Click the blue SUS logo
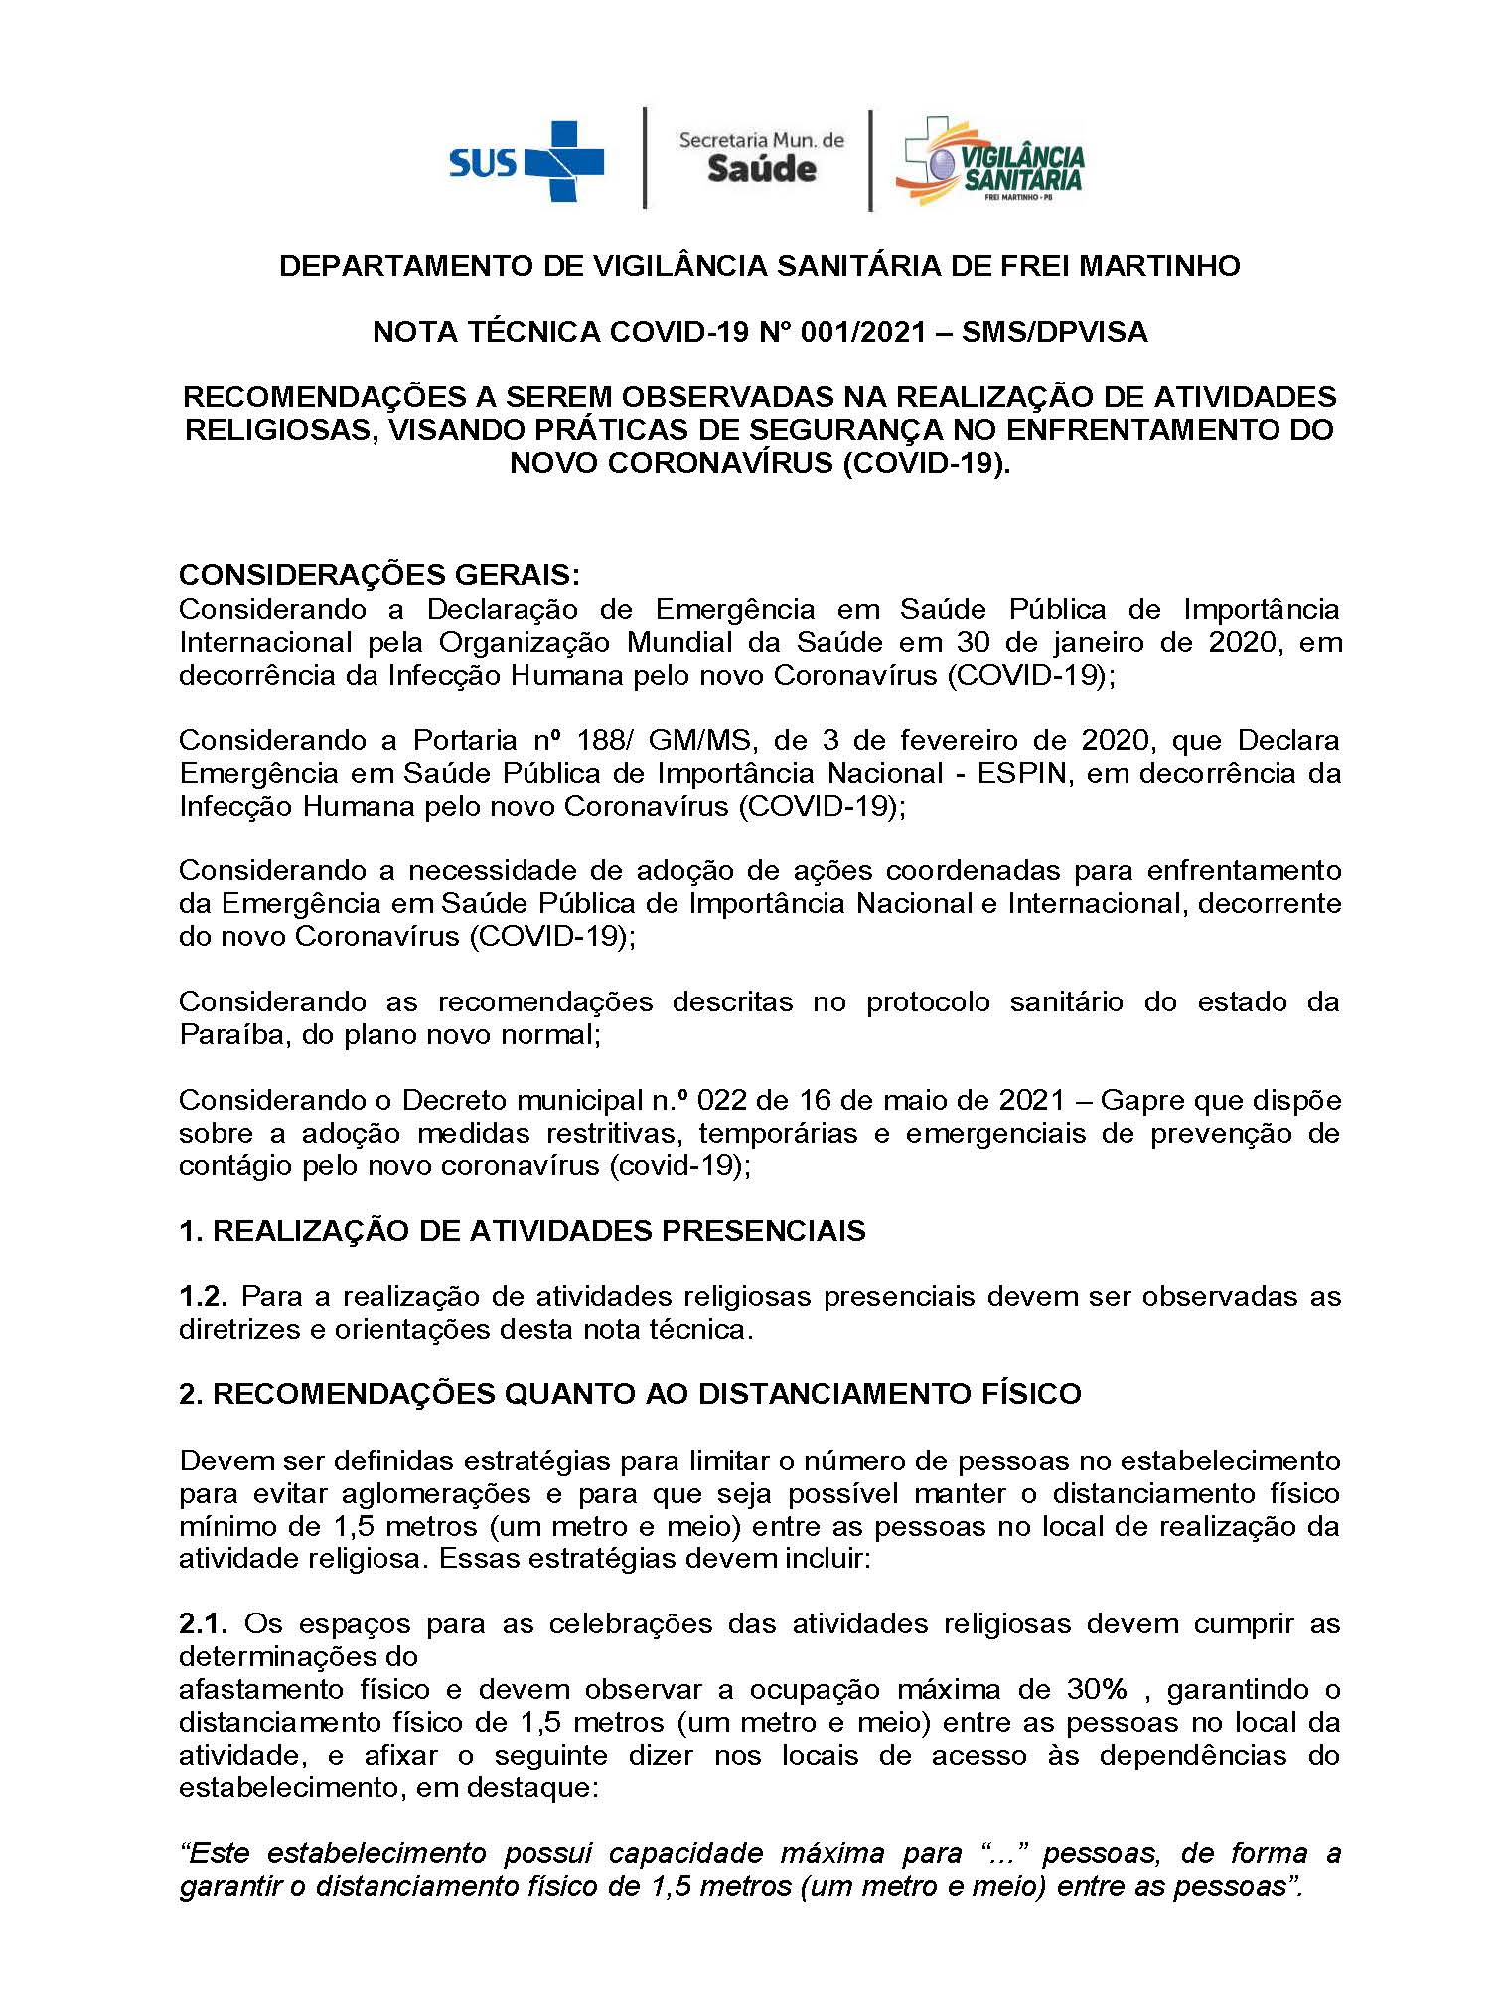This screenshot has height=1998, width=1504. (526, 160)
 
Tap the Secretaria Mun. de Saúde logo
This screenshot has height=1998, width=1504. (761, 157)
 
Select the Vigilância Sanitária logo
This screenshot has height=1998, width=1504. (989, 162)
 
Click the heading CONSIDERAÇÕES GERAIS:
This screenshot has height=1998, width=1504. (378, 575)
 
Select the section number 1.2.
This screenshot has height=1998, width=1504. (204, 1296)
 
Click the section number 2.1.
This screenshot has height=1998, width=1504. (204, 1623)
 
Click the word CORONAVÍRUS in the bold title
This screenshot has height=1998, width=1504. (709, 463)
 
